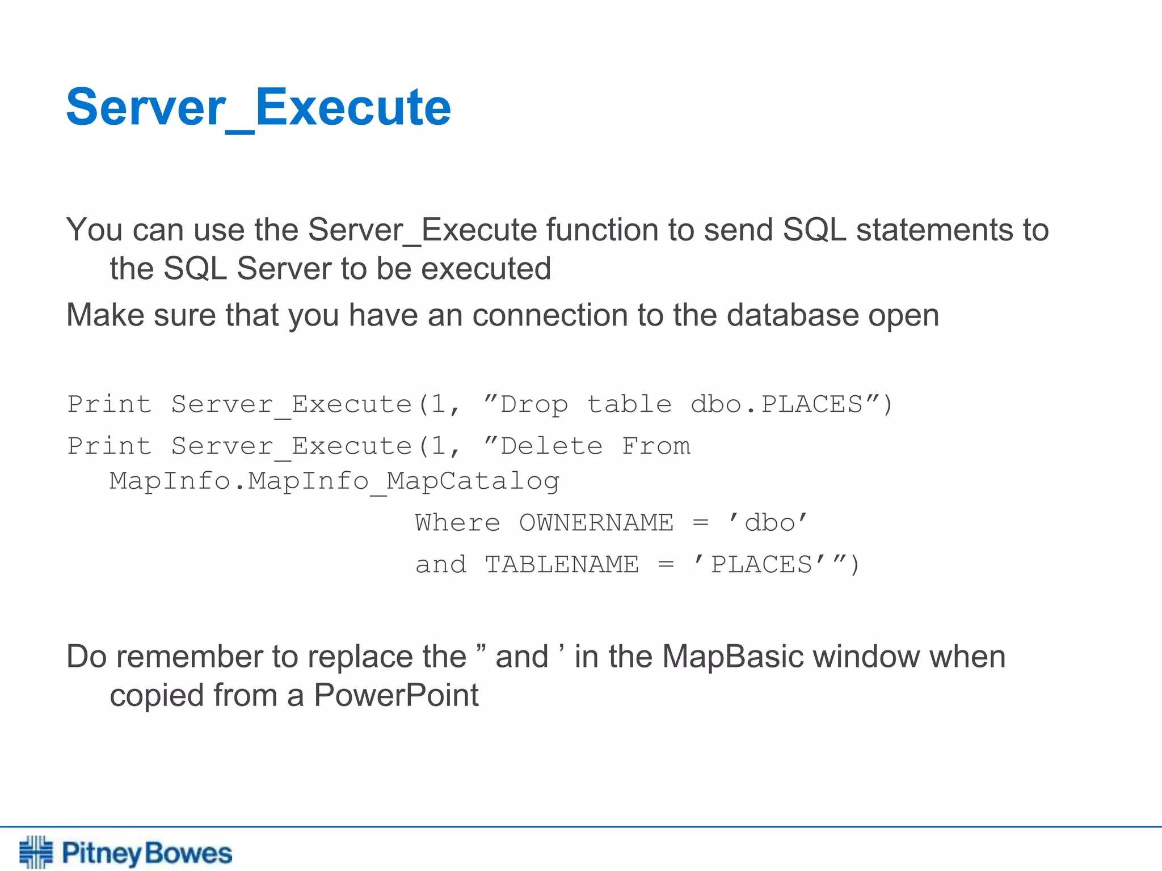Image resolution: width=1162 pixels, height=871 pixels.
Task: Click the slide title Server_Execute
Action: coord(258,108)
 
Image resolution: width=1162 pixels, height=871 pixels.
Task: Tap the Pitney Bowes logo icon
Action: coord(36,852)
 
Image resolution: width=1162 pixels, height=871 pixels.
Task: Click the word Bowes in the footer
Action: coord(188,853)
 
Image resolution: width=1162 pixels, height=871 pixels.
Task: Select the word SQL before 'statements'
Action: coord(814,230)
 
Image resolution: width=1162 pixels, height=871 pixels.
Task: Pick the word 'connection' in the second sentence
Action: coord(549,315)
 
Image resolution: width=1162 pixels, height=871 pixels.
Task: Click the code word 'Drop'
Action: coord(533,405)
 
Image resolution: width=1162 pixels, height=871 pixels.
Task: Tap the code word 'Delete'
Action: coord(551,447)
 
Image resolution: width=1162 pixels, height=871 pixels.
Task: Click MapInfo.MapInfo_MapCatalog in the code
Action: coord(335,481)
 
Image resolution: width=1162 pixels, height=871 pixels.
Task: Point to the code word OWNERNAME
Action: coord(596,523)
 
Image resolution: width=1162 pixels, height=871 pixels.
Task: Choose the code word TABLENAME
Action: coord(562,565)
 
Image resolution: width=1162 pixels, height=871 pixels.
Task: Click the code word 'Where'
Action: coord(457,523)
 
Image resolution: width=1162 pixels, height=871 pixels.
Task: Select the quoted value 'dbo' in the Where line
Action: coord(768,523)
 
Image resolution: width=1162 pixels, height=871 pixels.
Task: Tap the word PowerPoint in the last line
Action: coord(396,695)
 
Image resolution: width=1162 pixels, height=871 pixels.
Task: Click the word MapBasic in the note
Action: coord(732,657)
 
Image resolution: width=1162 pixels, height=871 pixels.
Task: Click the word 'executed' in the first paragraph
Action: coord(486,269)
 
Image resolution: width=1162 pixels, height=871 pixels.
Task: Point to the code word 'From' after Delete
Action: coord(656,447)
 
